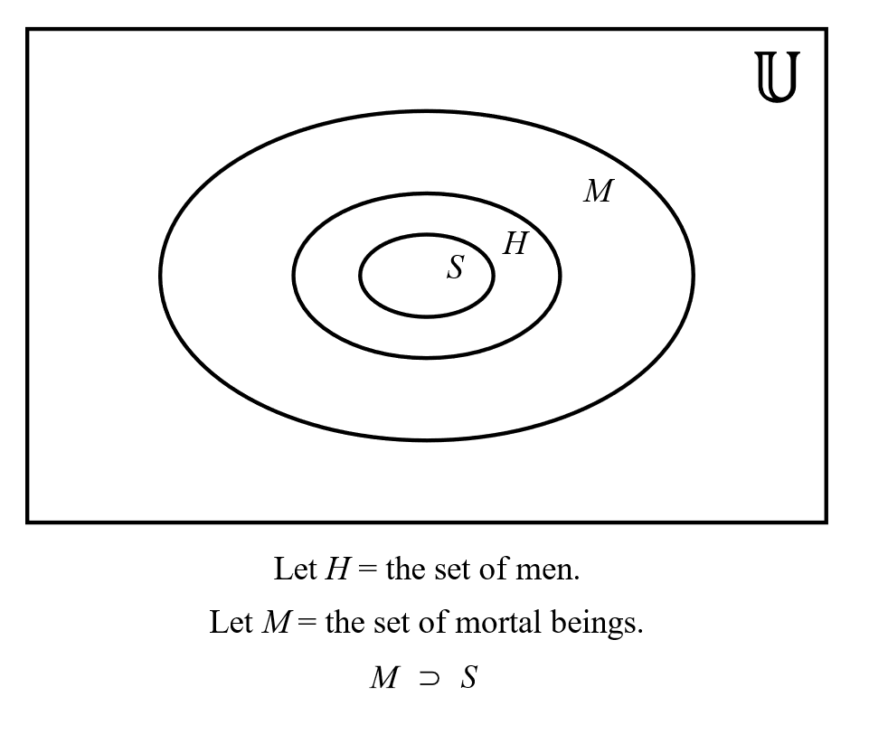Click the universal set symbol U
777,78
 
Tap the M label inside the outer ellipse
598,192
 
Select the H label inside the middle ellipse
515,244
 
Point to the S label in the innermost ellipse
456,268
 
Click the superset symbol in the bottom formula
429,678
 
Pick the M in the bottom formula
383,678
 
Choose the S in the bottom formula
468,678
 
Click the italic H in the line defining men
335,569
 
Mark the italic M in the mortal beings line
275,623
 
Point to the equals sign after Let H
366,570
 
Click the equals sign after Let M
307,624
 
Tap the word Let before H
295,569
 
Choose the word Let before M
230,623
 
